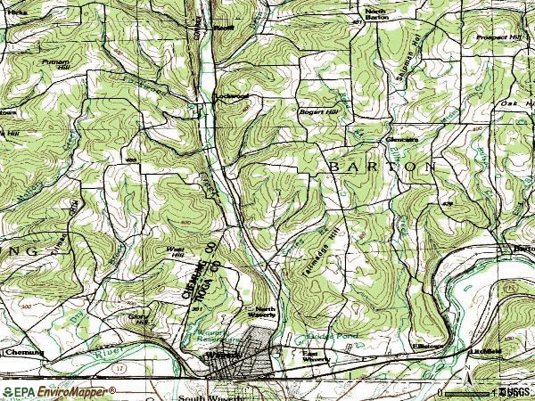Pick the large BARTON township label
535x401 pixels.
383,166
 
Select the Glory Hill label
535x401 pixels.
139,318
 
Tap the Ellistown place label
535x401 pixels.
424,346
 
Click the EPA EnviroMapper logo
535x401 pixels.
58,391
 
